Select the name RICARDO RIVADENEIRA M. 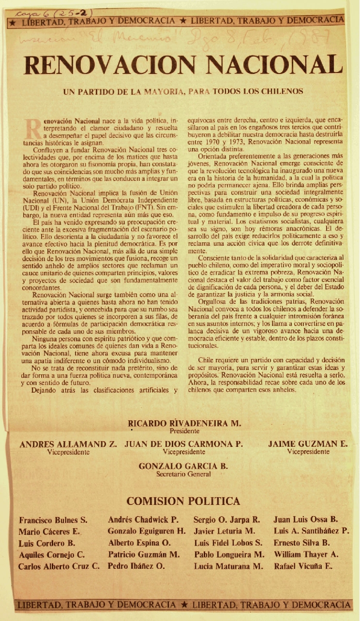pos(184,423)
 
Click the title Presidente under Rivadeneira pos(184,430)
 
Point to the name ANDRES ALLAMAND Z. pos(69,444)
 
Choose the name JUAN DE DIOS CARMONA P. pos(184,444)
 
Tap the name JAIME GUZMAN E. pos(308,444)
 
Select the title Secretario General pos(183,474)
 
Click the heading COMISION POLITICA pos(183,501)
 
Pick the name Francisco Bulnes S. pos(53,520)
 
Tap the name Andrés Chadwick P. pos(143,520)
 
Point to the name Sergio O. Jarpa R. pos(227,520)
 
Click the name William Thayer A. pos(306,554)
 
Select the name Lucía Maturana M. pos(228,566)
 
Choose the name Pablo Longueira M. pos(229,554)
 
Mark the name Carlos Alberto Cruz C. pos(59,566)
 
